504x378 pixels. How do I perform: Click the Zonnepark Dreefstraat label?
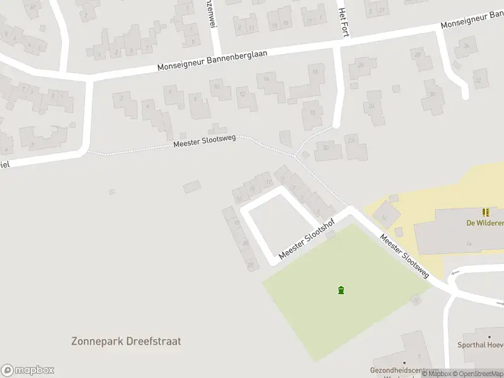[x=126, y=341]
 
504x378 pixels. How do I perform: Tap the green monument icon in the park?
[x=341, y=290]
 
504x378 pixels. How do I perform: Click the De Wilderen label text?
[x=484, y=222]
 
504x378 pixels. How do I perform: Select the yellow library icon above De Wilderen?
[x=485, y=212]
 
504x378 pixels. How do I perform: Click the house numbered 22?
[x=352, y=140]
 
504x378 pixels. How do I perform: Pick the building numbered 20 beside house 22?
[x=326, y=148]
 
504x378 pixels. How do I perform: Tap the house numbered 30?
[x=432, y=94]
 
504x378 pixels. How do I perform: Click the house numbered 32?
[x=478, y=81]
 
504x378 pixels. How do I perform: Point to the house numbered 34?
[x=467, y=46]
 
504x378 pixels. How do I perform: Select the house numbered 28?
[x=417, y=55]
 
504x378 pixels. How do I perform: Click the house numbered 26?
[x=361, y=66]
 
